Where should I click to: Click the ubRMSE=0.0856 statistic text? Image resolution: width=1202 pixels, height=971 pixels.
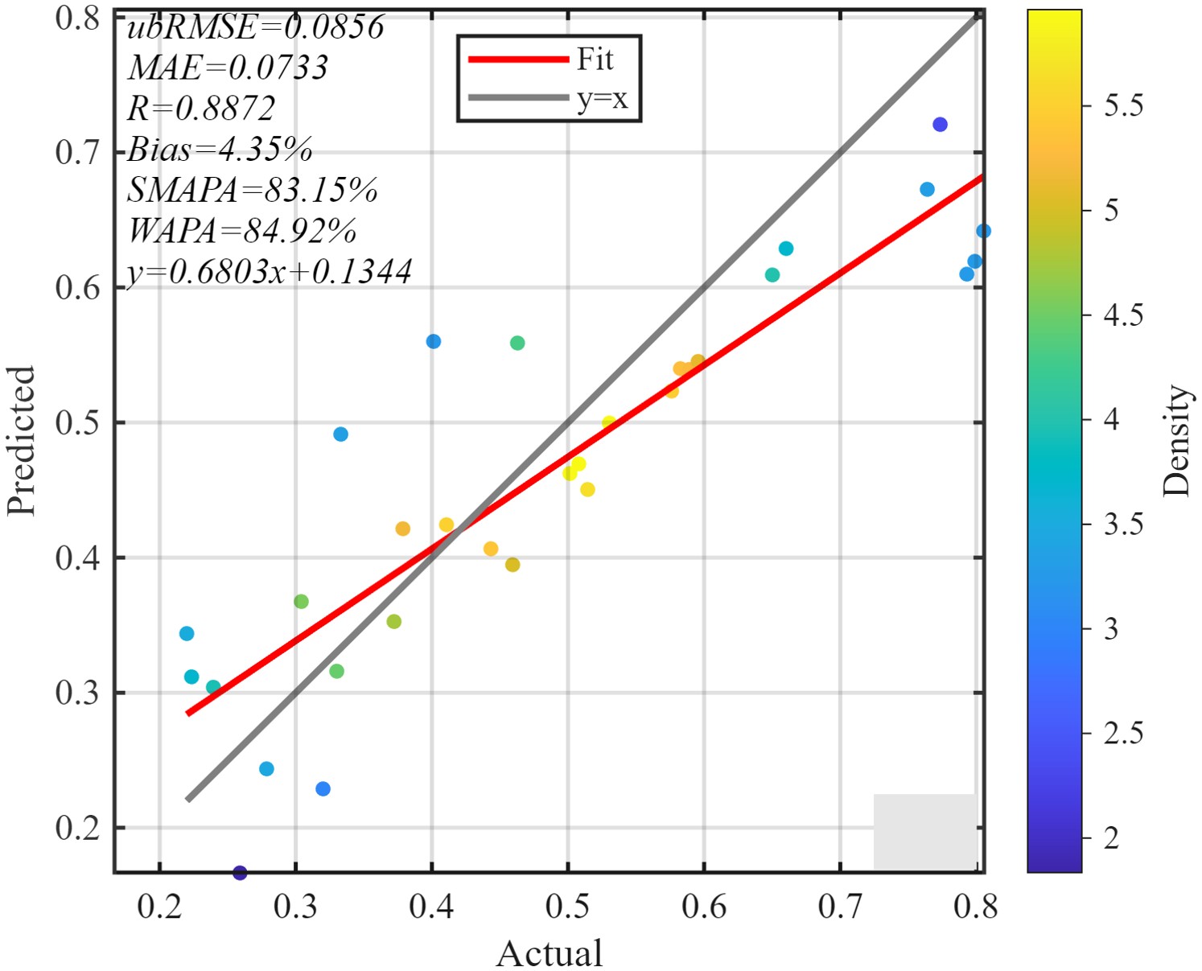256,27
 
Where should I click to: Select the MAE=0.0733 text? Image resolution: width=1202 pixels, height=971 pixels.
228,68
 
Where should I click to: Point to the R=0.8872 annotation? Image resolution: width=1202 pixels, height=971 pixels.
201,109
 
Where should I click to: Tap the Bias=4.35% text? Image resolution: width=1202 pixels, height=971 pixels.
220,150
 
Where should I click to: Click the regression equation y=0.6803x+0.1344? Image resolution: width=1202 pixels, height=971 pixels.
270,272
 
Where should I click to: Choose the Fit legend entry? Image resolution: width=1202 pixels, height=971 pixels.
595,60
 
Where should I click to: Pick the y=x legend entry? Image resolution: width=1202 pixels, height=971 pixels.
602,99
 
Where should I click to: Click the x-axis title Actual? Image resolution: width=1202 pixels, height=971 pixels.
549,953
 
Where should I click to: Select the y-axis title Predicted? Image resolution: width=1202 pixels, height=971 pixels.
22,441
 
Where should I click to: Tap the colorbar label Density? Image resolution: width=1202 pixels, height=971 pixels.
1175,440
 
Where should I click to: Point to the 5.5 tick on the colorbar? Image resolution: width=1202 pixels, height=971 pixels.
1123,105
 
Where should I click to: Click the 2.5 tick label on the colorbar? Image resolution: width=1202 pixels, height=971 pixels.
1123,733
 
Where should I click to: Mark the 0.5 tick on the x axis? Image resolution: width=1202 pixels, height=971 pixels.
568,907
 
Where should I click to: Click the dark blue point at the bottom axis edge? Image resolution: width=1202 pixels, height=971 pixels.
240,872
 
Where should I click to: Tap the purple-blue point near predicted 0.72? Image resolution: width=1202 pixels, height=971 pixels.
940,125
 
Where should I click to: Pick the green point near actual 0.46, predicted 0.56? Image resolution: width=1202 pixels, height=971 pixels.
517,344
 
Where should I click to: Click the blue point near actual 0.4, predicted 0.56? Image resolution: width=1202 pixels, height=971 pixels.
434,342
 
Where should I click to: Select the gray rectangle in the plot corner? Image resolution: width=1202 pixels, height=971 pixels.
924,831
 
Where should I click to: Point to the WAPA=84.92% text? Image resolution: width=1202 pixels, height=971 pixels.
242,232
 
